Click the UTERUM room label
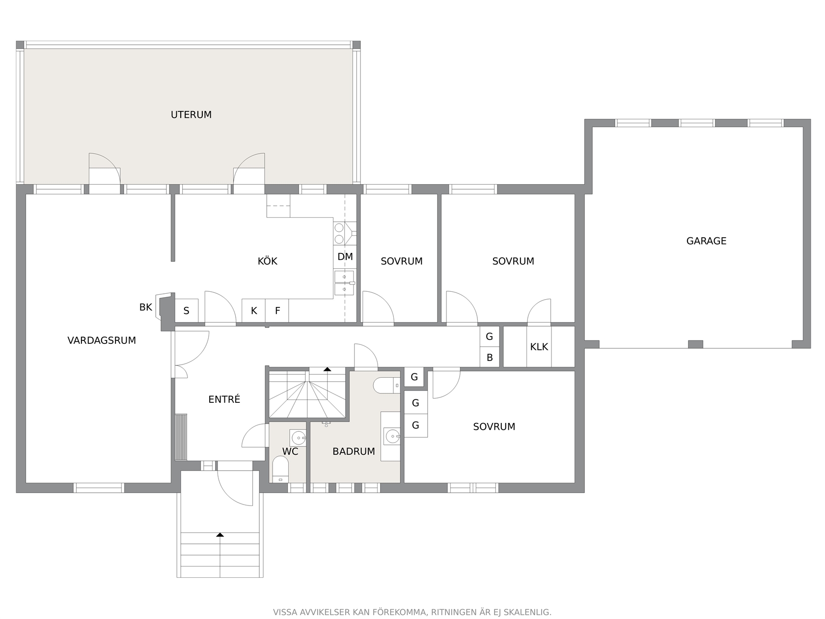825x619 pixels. click(x=191, y=114)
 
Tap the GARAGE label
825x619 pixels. click(x=706, y=241)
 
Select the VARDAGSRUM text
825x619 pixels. click(x=102, y=340)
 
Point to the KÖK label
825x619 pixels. click(x=267, y=261)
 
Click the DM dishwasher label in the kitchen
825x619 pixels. click(x=345, y=257)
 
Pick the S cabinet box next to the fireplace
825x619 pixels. click(x=187, y=310)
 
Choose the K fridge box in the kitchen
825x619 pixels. click(x=254, y=310)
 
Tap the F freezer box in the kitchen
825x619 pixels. click(x=277, y=310)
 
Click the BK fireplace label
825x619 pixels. click(x=146, y=308)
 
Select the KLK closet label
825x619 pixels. click(x=539, y=347)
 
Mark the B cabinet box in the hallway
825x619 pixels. click(x=490, y=357)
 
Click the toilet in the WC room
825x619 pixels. click(x=280, y=469)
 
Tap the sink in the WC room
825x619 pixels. click(x=298, y=438)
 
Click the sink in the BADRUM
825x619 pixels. click(x=392, y=436)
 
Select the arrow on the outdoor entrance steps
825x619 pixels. click(x=220, y=535)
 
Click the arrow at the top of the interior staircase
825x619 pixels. click(x=328, y=369)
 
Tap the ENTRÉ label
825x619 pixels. click(x=224, y=399)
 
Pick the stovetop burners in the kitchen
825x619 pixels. click(x=339, y=233)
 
